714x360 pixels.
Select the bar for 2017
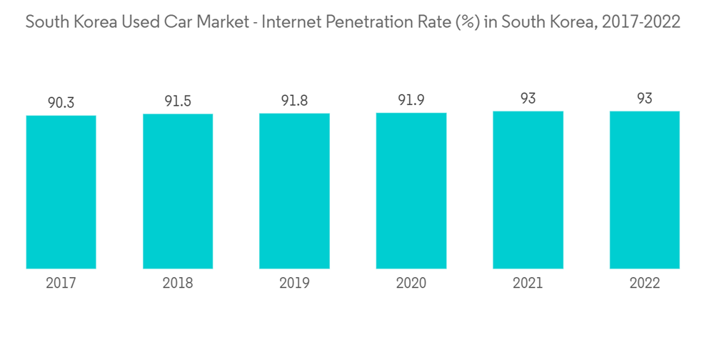[x=61, y=192]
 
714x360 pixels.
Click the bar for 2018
[x=178, y=191]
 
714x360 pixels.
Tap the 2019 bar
[x=294, y=191]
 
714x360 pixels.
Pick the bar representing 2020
[x=411, y=191]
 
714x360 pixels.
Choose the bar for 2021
[x=528, y=190]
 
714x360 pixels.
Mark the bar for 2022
[x=644, y=190]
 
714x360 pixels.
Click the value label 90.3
[x=61, y=103]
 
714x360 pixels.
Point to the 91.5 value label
[x=178, y=101]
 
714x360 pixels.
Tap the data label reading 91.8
[x=294, y=101]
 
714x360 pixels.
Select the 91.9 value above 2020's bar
[x=411, y=100]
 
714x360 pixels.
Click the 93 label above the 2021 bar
[x=528, y=99]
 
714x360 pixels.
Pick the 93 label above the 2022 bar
[x=644, y=99]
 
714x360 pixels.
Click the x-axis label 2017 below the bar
[x=61, y=284]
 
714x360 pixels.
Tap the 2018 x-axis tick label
[x=178, y=284]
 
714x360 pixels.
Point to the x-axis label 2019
[x=294, y=284]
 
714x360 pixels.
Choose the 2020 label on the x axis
[x=411, y=284]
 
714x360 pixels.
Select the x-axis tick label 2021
[x=528, y=284]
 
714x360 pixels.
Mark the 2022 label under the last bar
[x=644, y=284]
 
